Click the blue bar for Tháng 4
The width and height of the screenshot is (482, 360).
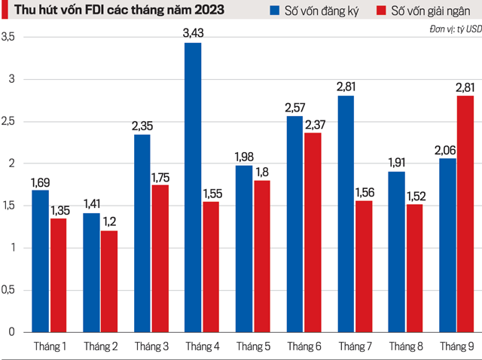tap(193, 188)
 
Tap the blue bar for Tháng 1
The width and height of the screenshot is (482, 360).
tap(40, 261)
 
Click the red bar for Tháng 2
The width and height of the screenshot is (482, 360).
tap(108, 281)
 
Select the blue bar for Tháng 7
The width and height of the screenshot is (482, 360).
tap(346, 214)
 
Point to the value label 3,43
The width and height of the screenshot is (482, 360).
tap(193, 34)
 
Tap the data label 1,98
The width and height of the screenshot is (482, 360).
tap(244, 157)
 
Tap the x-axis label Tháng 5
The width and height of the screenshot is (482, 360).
tap(253, 346)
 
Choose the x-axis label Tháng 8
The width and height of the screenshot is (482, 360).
tap(406, 346)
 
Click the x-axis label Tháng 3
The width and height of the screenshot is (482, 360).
tap(151, 346)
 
